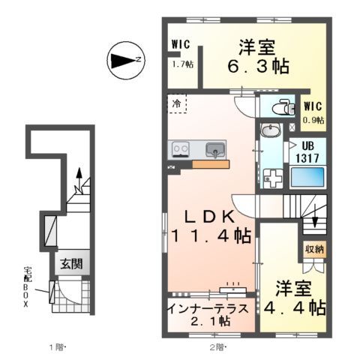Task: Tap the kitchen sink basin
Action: coord(216,149)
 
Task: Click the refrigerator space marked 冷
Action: coord(177,103)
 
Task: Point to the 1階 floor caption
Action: coord(58,346)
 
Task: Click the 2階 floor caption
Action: coord(217,346)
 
